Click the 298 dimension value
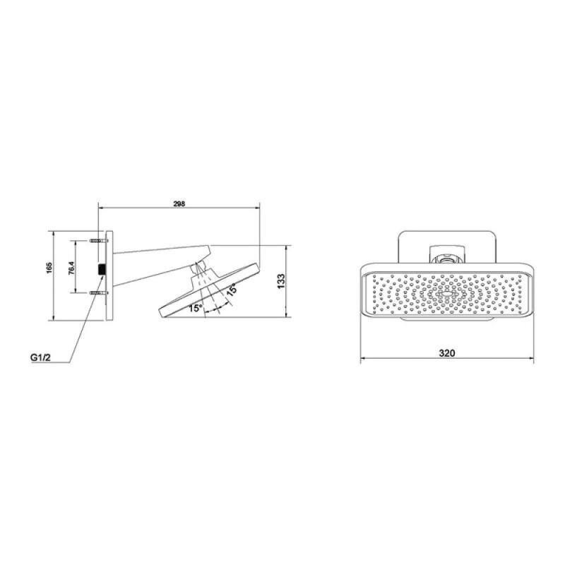tap(179, 204)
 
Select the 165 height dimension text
tap(49, 268)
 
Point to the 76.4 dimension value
tap(71, 268)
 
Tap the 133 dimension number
tap(281, 281)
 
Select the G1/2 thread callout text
tap(41, 358)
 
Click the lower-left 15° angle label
tap(196, 308)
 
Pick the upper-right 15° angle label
tap(231, 290)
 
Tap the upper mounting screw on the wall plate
tap(98, 241)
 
